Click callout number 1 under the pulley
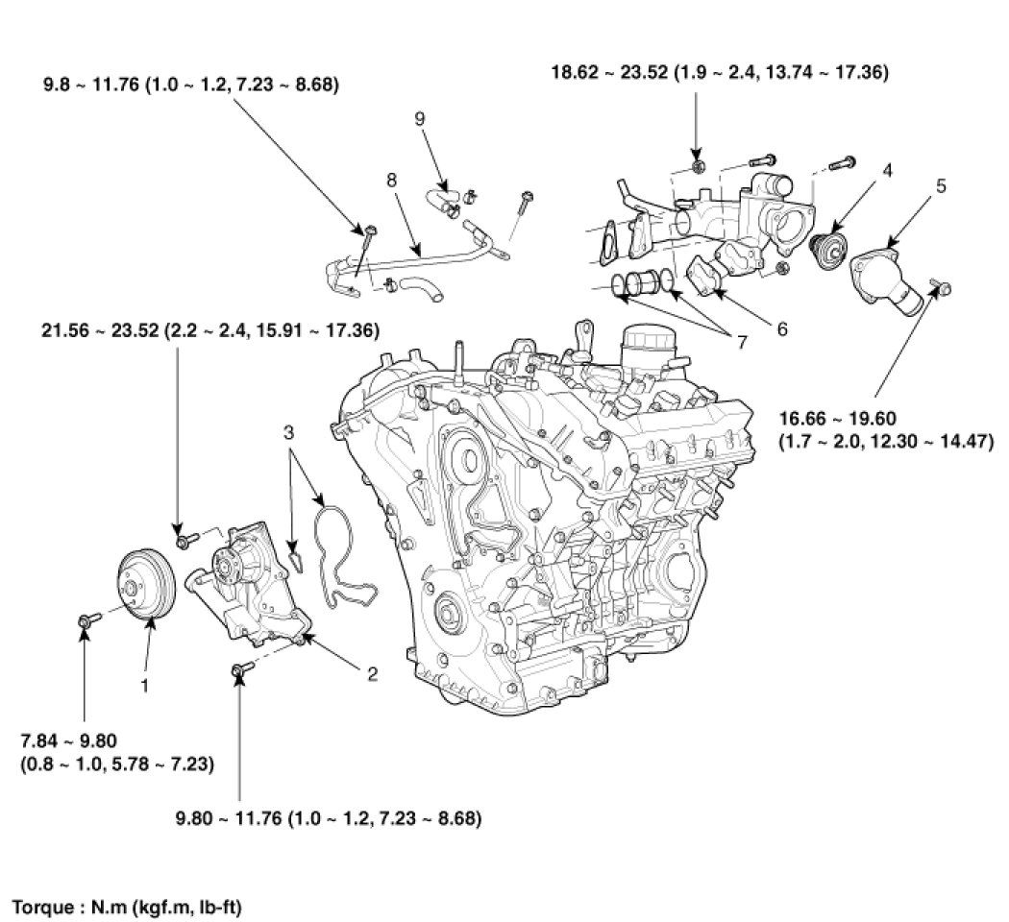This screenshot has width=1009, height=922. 145,686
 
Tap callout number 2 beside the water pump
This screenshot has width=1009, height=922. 372,674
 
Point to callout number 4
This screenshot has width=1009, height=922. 887,170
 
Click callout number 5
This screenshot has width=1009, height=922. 941,185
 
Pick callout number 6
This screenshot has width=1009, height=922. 781,329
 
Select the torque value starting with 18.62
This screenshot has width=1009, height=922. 719,71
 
